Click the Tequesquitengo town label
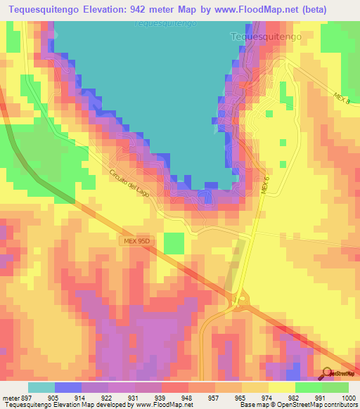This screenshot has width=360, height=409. (266, 36)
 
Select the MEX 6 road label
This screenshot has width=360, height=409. (265, 186)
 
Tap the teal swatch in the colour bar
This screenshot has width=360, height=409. (41, 387)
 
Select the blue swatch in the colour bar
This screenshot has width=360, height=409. (68, 387)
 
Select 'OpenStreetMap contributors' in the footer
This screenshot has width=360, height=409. (323, 404)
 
